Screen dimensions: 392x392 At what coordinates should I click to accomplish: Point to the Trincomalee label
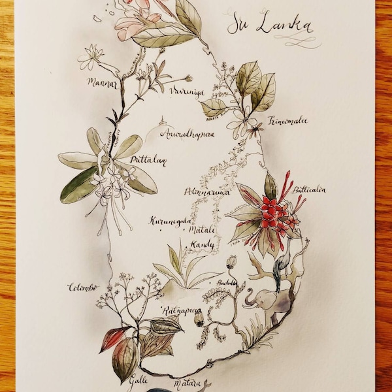pos(287,121)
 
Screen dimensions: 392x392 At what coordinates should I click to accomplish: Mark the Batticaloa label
pos(310,190)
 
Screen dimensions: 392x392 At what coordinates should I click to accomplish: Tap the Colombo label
pos(82,287)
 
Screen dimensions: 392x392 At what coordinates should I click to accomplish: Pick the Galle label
pos(137,377)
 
